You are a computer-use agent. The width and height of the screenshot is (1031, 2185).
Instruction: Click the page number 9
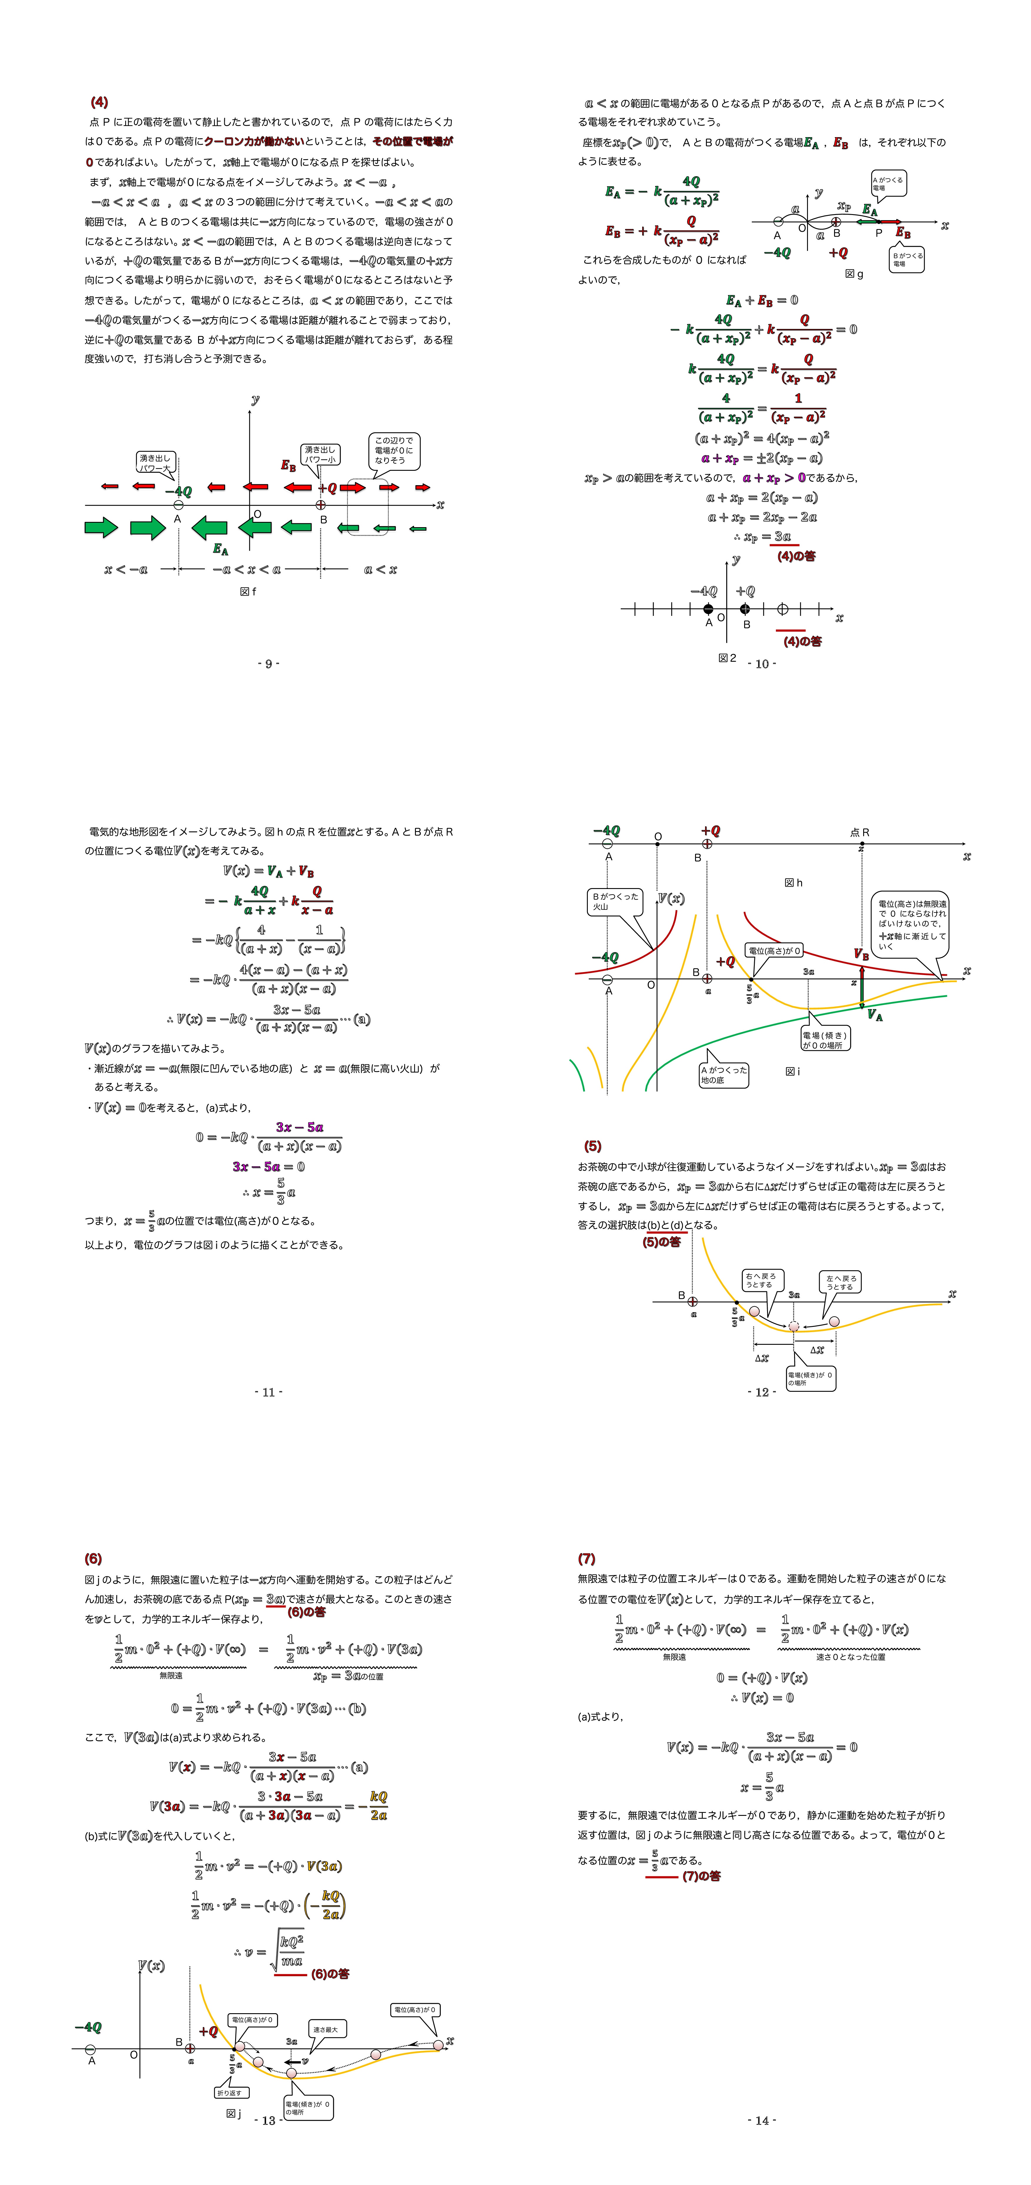pos(268,663)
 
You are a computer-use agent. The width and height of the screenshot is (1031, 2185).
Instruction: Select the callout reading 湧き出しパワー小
pos(320,455)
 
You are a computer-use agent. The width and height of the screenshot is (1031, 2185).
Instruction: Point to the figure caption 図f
pos(248,591)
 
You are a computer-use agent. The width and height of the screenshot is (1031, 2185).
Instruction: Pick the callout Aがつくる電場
pos(888,183)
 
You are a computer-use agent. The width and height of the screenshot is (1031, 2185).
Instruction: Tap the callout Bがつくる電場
pos(906,260)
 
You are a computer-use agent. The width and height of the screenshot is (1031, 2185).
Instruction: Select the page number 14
pos(762,2120)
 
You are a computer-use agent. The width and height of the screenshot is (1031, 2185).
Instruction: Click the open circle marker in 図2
pos(782,609)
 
